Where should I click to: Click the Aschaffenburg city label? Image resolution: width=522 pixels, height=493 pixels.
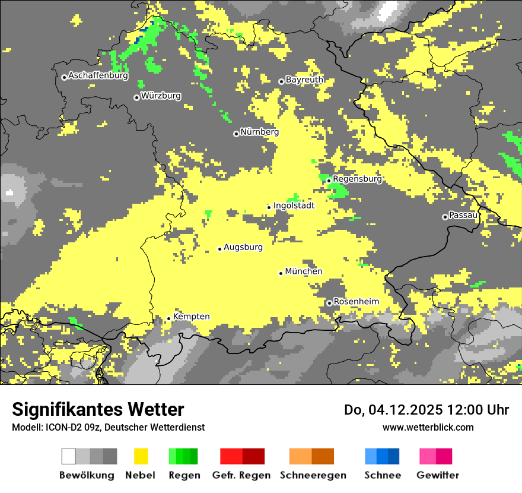[x=98, y=75]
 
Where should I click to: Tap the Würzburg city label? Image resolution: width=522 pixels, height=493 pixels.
[x=161, y=96]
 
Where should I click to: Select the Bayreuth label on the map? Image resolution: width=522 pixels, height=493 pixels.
[x=304, y=80]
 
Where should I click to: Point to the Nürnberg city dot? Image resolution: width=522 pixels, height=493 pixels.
[x=236, y=134]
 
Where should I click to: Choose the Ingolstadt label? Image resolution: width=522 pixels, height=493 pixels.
[x=294, y=206]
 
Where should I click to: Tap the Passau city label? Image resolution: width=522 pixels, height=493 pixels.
[x=463, y=215]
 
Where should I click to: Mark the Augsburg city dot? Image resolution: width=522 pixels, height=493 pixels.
[x=219, y=249]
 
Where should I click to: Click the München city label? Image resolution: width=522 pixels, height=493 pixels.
[x=304, y=271]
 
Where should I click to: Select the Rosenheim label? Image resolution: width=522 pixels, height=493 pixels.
[x=356, y=302]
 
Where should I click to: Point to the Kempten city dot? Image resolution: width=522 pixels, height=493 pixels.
[x=168, y=318]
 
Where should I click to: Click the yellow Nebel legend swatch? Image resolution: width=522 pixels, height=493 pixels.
[x=141, y=456]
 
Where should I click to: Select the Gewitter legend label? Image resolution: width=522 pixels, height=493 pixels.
[x=438, y=475]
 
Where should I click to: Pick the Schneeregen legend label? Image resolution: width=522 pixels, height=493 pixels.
[x=313, y=475]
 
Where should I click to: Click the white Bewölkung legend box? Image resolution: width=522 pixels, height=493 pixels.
[x=69, y=456]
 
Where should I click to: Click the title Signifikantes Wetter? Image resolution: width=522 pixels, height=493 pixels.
[x=98, y=409]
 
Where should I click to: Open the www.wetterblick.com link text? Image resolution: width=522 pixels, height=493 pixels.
[x=428, y=427]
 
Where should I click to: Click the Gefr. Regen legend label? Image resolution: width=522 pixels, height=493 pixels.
[x=241, y=475]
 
